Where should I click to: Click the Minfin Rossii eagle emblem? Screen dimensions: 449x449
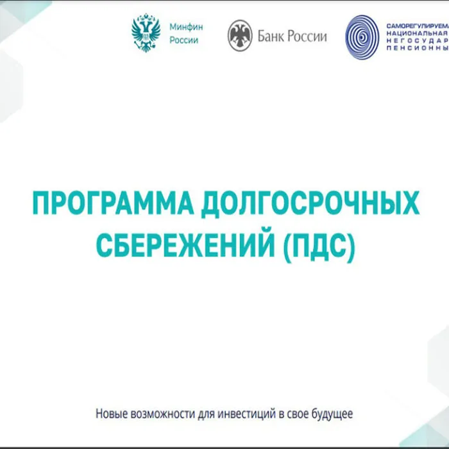(145, 33)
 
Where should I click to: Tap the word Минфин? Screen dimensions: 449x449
(186, 28)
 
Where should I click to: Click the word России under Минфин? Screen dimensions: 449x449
(184, 40)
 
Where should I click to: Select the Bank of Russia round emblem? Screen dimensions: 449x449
(239, 35)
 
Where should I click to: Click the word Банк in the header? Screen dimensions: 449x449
(271, 36)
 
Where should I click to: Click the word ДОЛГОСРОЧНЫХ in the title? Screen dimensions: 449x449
(307, 205)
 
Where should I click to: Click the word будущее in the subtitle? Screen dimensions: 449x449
(332, 414)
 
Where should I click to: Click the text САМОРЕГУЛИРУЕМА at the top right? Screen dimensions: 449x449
(416, 24)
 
